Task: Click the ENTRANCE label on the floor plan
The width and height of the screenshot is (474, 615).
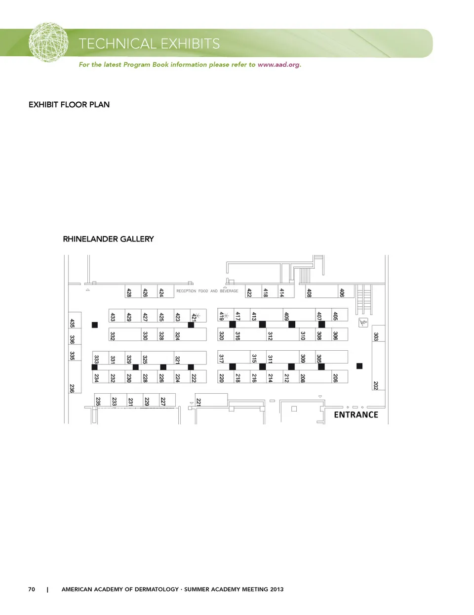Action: pos(355,415)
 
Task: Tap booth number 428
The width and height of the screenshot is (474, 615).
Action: pos(129,292)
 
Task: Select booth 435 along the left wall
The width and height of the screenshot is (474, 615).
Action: pos(72,323)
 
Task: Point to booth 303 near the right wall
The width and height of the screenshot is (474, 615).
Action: pos(376,336)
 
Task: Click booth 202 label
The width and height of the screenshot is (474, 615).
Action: pos(376,385)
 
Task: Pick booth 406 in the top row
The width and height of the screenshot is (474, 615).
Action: pos(342,292)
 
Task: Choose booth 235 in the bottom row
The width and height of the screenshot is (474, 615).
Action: pos(98,402)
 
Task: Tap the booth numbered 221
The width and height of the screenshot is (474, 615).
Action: pos(198,402)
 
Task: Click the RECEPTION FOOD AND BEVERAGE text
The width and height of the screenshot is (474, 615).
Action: pos(207,291)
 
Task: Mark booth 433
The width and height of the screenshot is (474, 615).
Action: pos(113,317)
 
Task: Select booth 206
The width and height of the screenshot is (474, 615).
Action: pos(335,378)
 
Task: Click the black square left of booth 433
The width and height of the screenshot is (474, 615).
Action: pos(95,325)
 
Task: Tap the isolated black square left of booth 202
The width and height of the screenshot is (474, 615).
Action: pos(359,366)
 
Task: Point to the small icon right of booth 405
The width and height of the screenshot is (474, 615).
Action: pos(363,323)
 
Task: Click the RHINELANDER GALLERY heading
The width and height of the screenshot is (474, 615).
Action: pos(108,239)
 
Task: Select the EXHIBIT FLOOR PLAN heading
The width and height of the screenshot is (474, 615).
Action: pos(69,105)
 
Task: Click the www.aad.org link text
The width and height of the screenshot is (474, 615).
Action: pos(278,65)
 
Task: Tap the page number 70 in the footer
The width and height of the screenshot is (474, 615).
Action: pos(32,589)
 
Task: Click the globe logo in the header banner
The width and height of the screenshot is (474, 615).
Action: pos(48,42)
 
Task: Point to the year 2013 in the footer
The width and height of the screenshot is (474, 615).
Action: pos(277,589)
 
